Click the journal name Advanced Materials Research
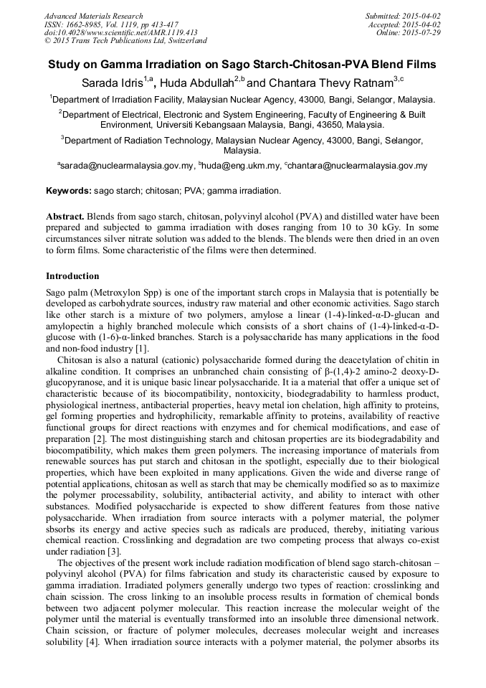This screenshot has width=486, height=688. [x=93, y=16]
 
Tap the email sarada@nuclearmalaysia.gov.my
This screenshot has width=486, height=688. [x=127, y=166]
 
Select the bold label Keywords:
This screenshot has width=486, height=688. [x=69, y=192]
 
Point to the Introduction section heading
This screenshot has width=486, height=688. [x=72, y=276]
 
